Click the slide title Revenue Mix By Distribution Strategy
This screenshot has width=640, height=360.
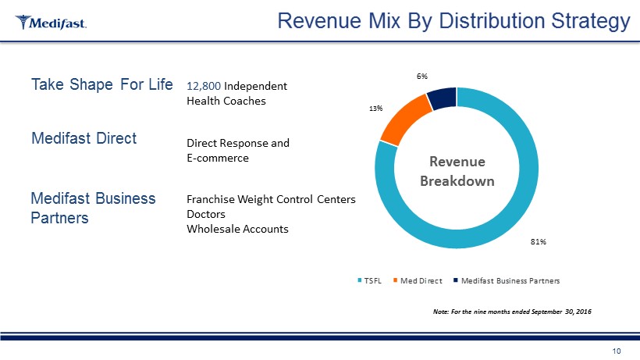tap(454, 22)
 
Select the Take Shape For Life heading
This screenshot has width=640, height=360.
tap(101, 84)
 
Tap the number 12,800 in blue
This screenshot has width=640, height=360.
tap(199, 86)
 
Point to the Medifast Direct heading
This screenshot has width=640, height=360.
tap(84, 139)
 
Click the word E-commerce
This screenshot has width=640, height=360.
tap(218, 159)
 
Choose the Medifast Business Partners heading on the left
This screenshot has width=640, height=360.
tap(92, 208)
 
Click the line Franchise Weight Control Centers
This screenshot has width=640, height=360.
tap(271, 200)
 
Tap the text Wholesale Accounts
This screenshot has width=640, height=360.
tap(237, 229)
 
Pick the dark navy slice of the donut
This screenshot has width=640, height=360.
tap(441, 98)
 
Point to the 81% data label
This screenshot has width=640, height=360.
tap(538, 242)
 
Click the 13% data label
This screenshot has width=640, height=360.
tap(375, 109)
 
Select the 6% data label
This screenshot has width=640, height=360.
tap(421, 77)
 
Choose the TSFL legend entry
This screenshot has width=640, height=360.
tap(370, 280)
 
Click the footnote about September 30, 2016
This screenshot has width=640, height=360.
tap(511, 312)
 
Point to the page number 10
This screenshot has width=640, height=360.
tap(617, 351)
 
